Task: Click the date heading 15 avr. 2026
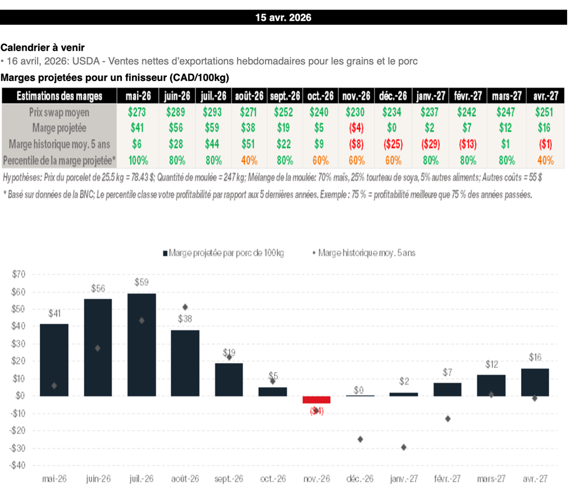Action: [x=283, y=17]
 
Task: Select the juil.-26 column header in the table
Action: [x=213, y=96]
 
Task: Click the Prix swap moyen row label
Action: [x=59, y=112]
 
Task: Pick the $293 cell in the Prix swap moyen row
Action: [x=213, y=112]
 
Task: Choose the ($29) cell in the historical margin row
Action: [x=430, y=144]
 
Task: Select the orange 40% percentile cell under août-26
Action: [x=249, y=160]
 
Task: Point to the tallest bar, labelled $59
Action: [x=142, y=344]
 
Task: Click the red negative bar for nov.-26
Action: [x=317, y=399]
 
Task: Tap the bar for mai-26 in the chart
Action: [x=54, y=360]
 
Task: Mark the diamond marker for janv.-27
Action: [x=404, y=447]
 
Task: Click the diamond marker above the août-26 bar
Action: [x=185, y=307]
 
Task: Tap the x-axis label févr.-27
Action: [x=448, y=479]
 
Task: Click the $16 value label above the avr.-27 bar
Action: [x=535, y=357]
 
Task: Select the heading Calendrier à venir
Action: [x=43, y=48]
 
